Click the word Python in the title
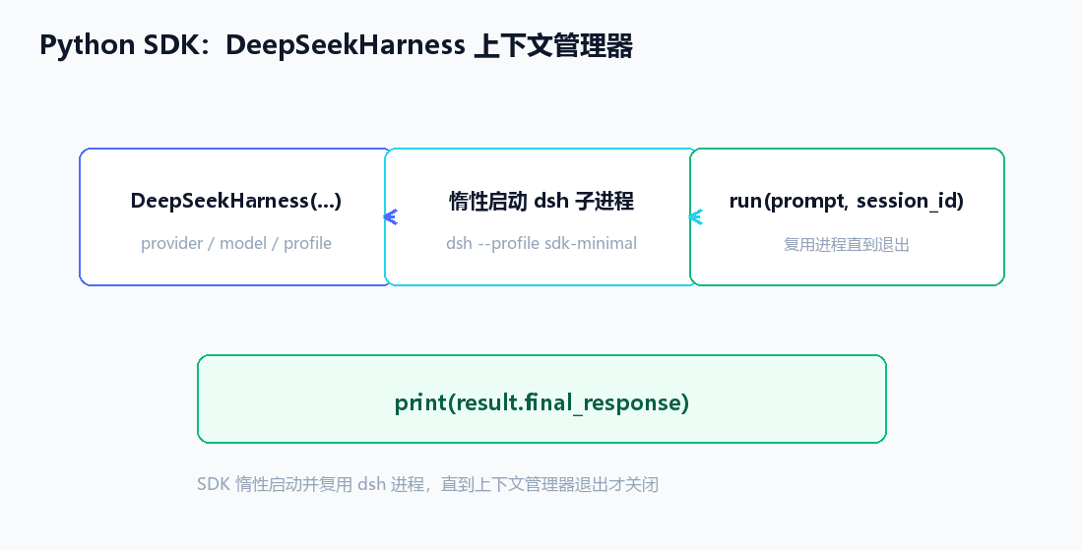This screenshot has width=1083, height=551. click(87, 45)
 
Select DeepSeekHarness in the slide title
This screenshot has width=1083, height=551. click(346, 45)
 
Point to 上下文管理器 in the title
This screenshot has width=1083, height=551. click(553, 45)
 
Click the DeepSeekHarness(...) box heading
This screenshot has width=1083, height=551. click(236, 201)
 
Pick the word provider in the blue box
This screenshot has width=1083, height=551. click(172, 243)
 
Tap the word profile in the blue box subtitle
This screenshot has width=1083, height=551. click(307, 243)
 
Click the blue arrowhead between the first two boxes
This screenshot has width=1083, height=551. click(390, 216)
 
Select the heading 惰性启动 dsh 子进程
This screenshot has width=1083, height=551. click(541, 201)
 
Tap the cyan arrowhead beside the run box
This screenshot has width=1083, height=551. click(695, 216)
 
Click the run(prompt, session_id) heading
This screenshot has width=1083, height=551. click(847, 201)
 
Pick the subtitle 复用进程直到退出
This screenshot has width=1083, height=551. click(847, 244)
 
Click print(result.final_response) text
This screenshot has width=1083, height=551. click(542, 401)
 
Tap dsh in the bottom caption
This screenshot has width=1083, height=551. click(371, 484)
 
